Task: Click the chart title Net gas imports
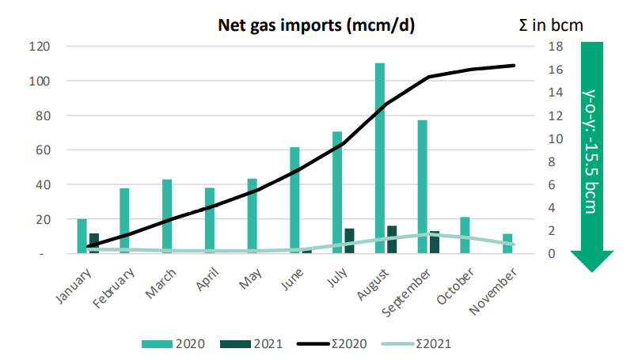click(317, 25)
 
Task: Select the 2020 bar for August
click(380, 158)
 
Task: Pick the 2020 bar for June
click(294, 200)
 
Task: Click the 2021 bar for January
click(94, 244)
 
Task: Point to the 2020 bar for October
click(465, 235)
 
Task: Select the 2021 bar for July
click(349, 241)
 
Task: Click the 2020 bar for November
click(507, 244)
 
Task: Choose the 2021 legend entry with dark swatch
click(261, 344)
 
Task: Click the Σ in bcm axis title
click(546, 25)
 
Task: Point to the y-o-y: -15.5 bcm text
click(593, 150)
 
